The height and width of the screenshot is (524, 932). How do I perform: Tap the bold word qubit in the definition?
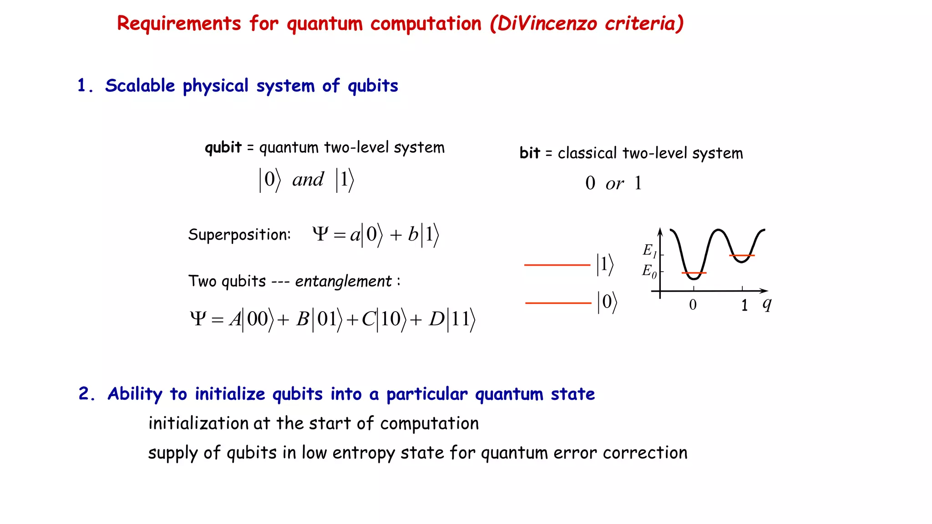coord(223,148)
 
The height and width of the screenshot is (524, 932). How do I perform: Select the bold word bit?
coord(529,153)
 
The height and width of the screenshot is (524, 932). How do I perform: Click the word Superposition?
coord(239,235)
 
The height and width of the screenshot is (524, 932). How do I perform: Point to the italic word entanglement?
coord(343,282)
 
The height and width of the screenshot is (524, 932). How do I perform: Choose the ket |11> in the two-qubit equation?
coord(461,319)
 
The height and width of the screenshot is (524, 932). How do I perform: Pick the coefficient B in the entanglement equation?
coord(303,319)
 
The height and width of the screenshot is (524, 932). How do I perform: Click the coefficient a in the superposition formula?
coord(355,235)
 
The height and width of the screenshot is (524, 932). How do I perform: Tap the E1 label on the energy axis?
coord(649,250)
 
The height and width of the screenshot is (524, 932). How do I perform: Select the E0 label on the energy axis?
coord(649,271)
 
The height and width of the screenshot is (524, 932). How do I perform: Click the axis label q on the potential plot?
coord(767,303)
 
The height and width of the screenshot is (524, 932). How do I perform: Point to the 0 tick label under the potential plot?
coord(693,305)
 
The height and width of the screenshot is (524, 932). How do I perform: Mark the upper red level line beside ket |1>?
coord(557,265)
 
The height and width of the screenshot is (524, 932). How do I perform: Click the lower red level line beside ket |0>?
coord(558,303)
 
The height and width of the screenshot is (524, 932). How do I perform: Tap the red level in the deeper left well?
coord(694,273)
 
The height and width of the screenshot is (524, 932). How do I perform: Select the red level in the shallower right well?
coord(742,256)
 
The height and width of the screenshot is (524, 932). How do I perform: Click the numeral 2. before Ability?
coord(86,394)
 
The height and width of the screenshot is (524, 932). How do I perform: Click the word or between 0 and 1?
coord(614,184)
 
